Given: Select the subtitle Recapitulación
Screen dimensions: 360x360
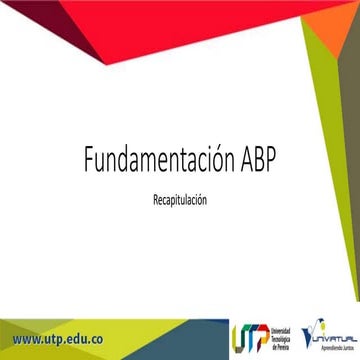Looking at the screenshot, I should pos(180,199).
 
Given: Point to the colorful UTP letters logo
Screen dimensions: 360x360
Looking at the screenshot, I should pos(247,338).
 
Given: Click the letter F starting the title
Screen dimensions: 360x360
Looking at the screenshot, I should pos(88,160).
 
